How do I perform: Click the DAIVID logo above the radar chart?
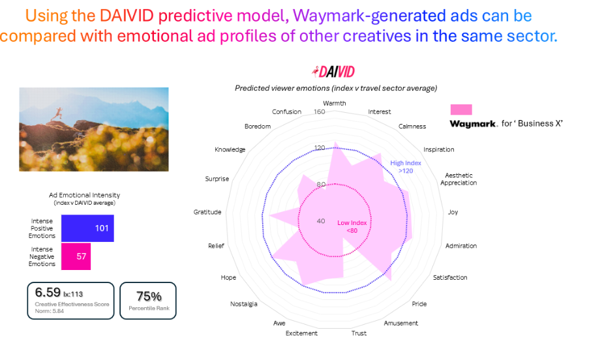pyautogui.click(x=333, y=71)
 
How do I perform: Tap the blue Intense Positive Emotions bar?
pyautogui.click(x=87, y=228)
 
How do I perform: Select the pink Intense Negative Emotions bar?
pyautogui.click(x=76, y=256)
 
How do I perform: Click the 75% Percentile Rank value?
pyautogui.click(x=149, y=297)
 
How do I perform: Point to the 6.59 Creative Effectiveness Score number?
pyautogui.click(x=48, y=292)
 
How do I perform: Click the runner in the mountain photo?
pyautogui.click(x=57, y=113)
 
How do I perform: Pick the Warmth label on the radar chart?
pyautogui.click(x=335, y=103)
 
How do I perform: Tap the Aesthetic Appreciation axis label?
pyautogui.click(x=459, y=179)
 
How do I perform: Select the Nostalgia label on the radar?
pyautogui.click(x=244, y=304)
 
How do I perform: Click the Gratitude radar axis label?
pyautogui.click(x=207, y=212)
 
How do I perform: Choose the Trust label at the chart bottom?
pyautogui.click(x=359, y=333)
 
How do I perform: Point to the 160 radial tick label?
pyautogui.click(x=320, y=112)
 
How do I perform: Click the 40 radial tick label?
pyautogui.click(x=321, y=221)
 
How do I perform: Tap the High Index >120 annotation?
pyautogui.click(x=406, y=167)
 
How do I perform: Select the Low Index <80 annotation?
pyautogui.click(x=352, y=226)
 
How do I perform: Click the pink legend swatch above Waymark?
pyautogui.click(x=461, y=110)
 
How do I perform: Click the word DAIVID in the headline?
pyautogui.click(x=127, y=16)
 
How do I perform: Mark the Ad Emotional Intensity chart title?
pyautogui.click(x=85, y=195)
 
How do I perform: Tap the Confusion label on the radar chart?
pyautogui.click(x=286, y=112)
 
